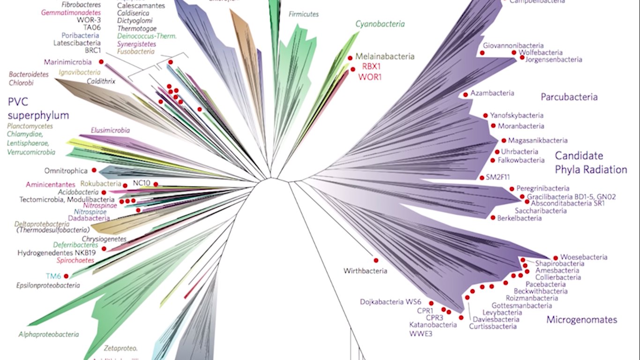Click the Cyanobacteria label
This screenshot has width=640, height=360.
pyautogui.click(x=380, y=24)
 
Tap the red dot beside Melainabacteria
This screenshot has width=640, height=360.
pyautogui.click(x=350, y=58)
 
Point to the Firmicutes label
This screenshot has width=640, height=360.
pyautogui.click(x=304, y=14)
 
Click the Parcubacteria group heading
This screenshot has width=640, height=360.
pyautogui.click(x=569, y=97)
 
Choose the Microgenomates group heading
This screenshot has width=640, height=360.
pyautogui.click(x=581, y=320)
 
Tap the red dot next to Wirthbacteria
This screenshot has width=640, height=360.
pyautogui.click(x=376, y=260)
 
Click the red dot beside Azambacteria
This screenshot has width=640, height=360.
pyautogui.click(x=465, y=95)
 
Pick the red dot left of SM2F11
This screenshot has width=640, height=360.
pyautogui.click(x=482, y=178)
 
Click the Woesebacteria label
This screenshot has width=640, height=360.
pyautogui.click(x=584, y=257)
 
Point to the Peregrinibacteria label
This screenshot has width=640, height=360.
pyautogui.click(x=543, y=188)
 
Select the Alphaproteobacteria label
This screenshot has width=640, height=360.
pyautogui.click(x=48, y=334)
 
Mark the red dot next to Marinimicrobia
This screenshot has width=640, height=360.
pyautogui.click(x=101, y=62)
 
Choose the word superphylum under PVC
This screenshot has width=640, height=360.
pyautogui.click(x=38, y=115)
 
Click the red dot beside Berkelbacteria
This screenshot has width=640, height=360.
pyautogui.click(x=493, y=217)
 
